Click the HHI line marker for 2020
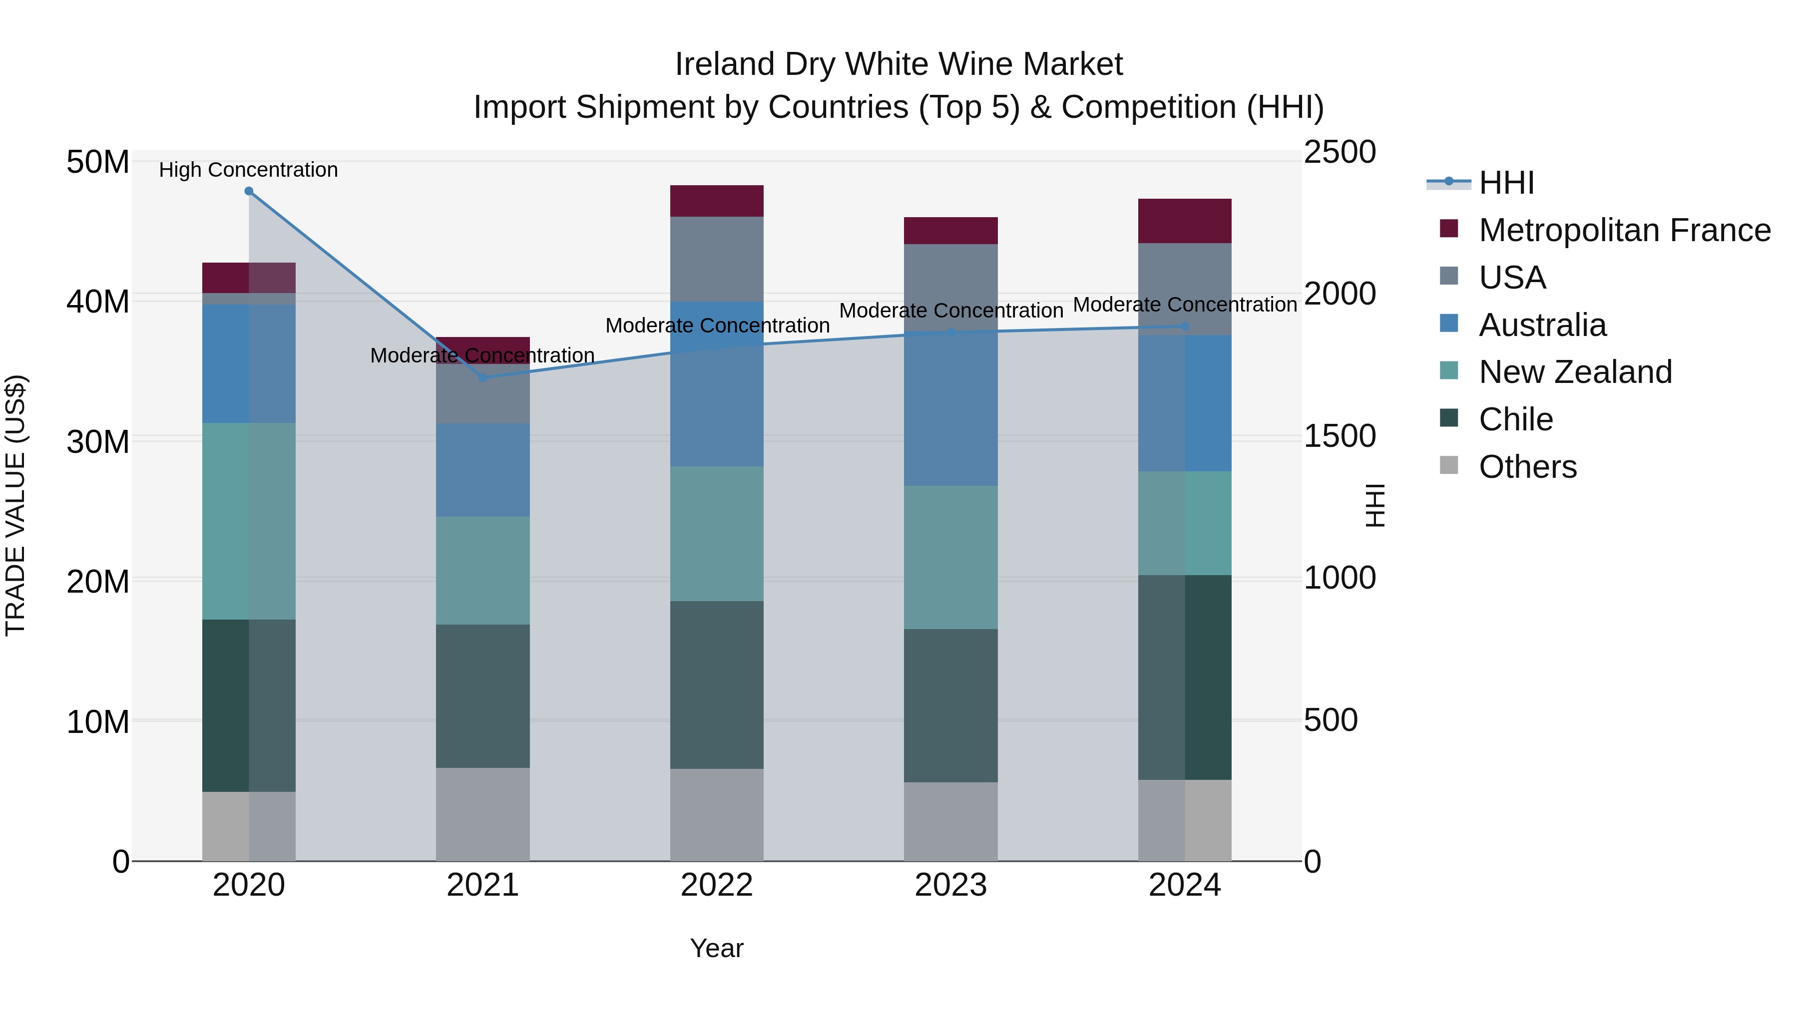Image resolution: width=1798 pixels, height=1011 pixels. [249, 191]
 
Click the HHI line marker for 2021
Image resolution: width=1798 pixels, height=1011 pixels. [482, 377]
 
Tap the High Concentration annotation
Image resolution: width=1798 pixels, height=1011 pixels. [249, 170]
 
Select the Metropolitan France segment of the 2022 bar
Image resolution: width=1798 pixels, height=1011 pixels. [717, 201]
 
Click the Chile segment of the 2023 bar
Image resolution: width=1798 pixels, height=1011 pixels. [950, 705]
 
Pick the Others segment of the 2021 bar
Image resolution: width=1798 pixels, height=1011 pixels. [482, 814]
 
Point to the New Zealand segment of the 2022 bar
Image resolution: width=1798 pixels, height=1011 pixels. [717, 534]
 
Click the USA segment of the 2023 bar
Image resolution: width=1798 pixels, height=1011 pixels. [950, 286]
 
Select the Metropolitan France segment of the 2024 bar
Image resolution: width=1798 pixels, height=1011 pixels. [1185, 221]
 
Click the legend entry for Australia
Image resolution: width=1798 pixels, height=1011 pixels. [1543, 325]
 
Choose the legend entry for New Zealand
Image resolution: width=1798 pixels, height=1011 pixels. [1575, 372]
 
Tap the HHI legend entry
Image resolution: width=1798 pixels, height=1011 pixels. [1506, 183]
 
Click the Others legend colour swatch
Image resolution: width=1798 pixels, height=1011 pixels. [1449, 465]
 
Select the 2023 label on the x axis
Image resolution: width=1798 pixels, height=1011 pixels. [950, 885]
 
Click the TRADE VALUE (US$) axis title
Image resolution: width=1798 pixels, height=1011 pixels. [15, 506]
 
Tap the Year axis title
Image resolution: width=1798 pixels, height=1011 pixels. [717, 948]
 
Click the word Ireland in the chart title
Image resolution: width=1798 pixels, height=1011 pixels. [725, 64]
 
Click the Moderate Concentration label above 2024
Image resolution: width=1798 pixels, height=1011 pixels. [1185, 305]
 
